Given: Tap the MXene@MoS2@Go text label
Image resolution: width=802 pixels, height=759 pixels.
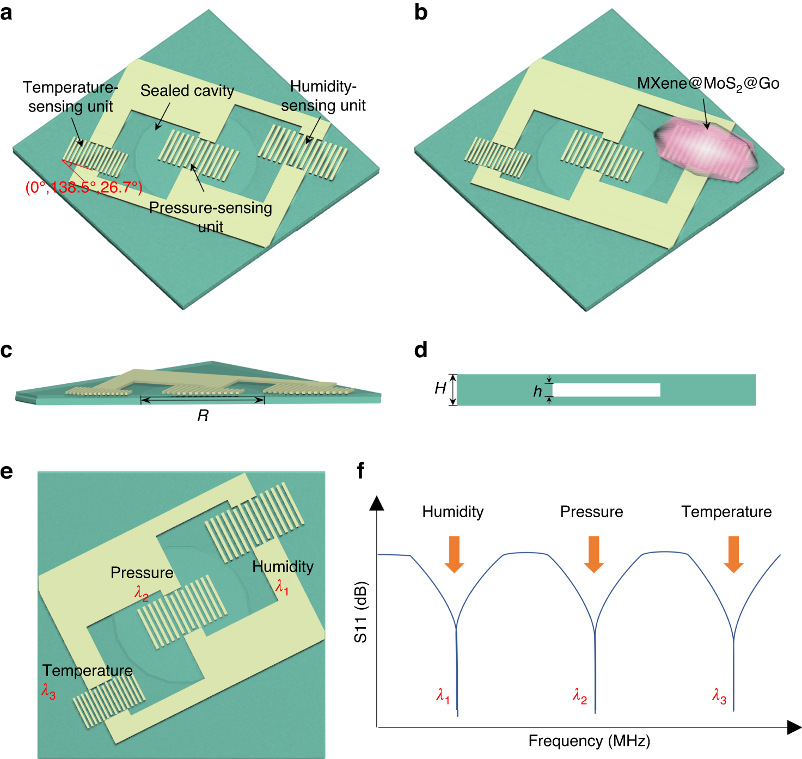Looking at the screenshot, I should (x=708, y=84).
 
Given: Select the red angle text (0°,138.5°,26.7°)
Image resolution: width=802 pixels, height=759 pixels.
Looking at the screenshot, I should (x=84, y=187).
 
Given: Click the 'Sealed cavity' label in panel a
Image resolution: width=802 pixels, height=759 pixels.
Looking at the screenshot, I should (x=187, y=91).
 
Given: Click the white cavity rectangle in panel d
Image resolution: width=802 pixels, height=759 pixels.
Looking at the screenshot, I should (x=606, y=390).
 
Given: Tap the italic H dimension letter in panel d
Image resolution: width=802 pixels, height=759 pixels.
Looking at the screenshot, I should (x=440, y=388).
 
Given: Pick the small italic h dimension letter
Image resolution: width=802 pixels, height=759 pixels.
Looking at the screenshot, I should (x=537, y=391).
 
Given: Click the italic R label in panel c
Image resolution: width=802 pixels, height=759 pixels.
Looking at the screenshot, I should (x=203, y=416).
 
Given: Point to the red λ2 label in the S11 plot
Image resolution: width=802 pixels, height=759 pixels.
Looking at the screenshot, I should (x=580, y=696).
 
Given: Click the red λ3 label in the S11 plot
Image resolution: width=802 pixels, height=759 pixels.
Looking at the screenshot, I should (x=719, y=696).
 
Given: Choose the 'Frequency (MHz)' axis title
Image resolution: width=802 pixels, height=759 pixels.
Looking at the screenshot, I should (x=589, y=741).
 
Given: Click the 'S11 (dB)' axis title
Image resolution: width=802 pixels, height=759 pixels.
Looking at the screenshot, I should (x=360, y=612).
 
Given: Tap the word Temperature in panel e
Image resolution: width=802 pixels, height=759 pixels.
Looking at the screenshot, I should (x=88, y=670).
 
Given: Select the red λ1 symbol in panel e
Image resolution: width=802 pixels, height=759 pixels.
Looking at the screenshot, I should (x=282, y=587).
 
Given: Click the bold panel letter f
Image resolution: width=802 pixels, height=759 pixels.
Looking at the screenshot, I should (x=360, y=470).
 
